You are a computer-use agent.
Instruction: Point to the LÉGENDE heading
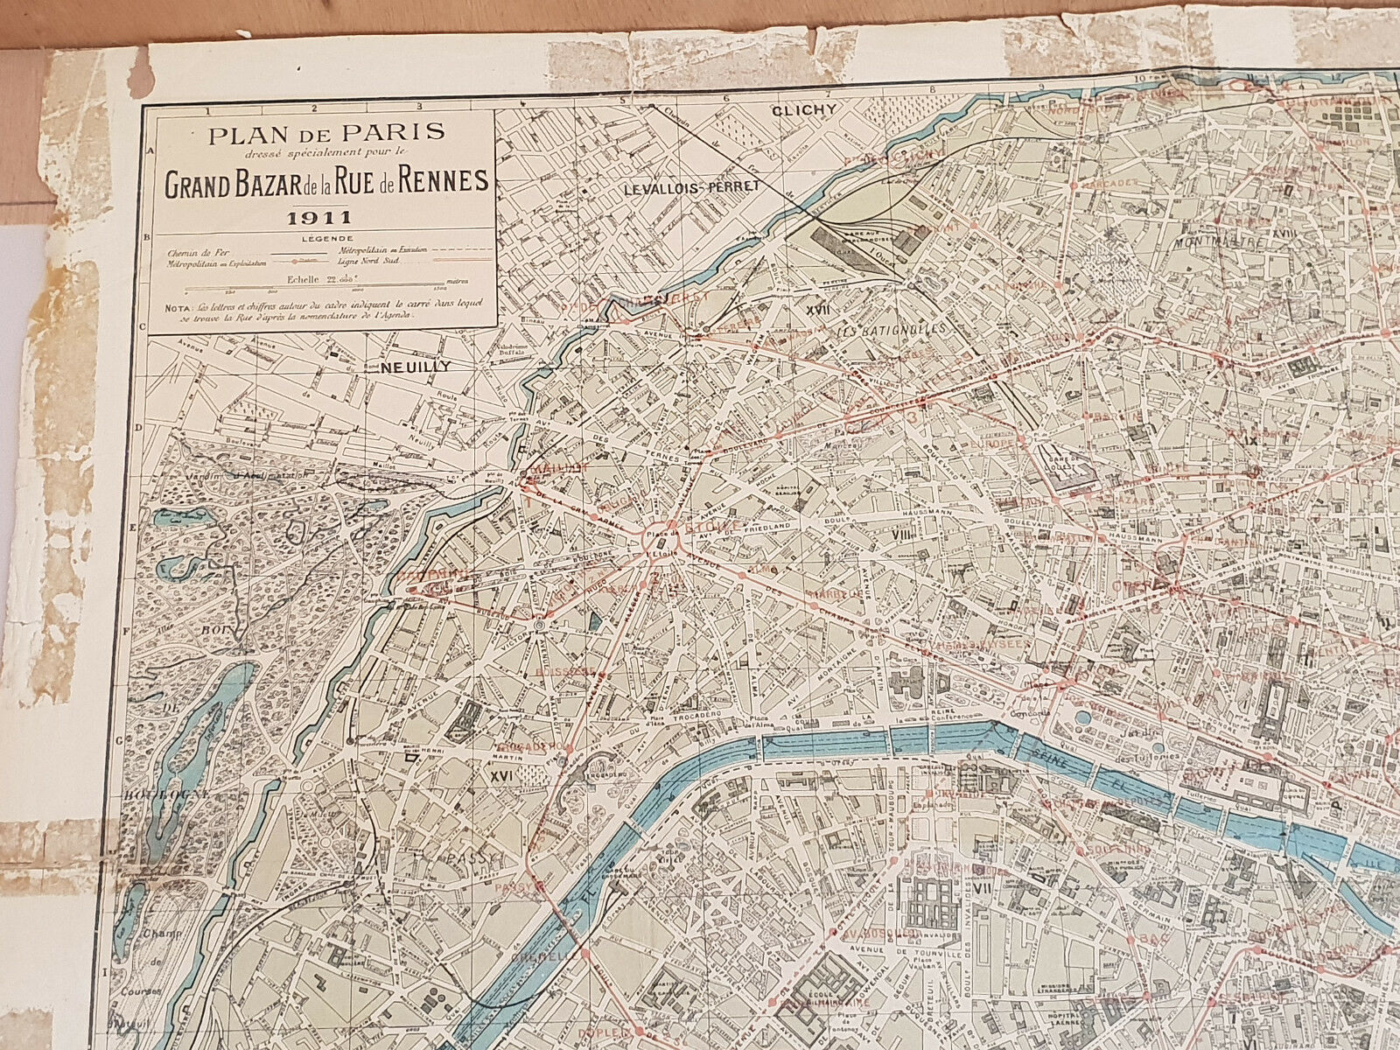coord(321,237)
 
